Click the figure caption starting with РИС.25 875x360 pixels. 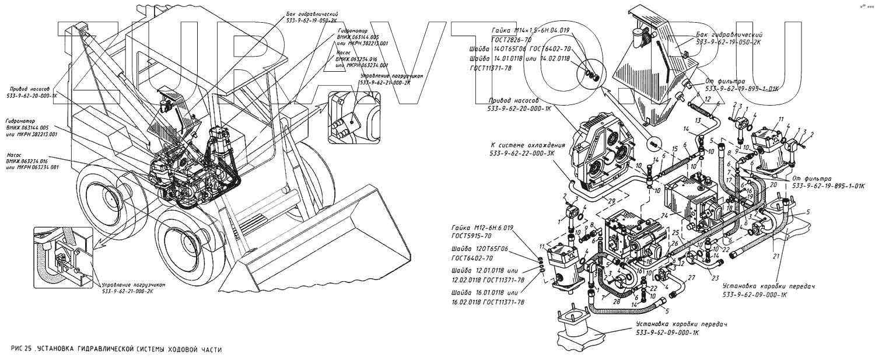click(117, 349)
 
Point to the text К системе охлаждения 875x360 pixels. click(528, 145)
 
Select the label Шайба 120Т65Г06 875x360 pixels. click(479, 249)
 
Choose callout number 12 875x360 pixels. click(708, 100)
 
